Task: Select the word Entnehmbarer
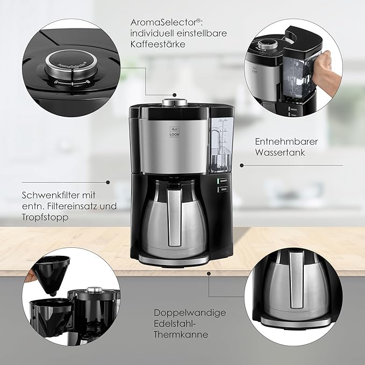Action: pyautogui.click(x=287, y=142)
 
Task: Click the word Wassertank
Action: pyautogui.click(x=280, y=153)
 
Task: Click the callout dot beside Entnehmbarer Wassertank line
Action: pyautogui.click(x=242, y=165)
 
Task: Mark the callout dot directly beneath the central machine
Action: pyautogui.click(x=208, y=273)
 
